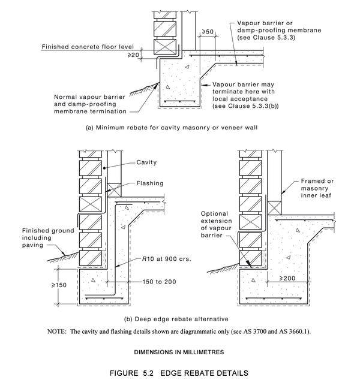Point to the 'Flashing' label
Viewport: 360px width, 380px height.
coord(149,184)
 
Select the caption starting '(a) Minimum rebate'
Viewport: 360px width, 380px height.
coord(180,128)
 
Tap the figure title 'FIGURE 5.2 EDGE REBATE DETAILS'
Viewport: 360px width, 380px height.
coord(180,372)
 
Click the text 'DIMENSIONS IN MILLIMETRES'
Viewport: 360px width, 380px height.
coord(180,351)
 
